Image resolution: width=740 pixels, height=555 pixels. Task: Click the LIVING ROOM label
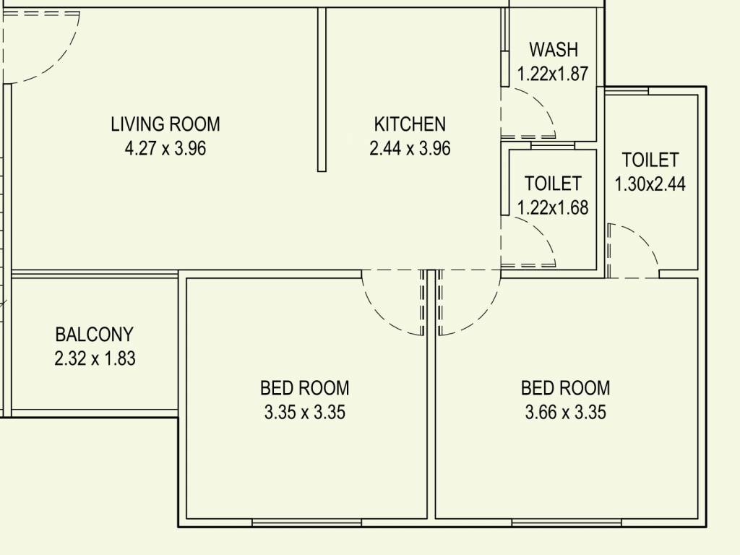(165, 124)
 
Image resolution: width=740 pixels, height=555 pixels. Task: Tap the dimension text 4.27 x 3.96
(165, 149)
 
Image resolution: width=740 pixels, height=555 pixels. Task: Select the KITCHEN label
(410, 124)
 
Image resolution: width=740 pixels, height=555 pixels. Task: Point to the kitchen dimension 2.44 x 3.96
(410, 149)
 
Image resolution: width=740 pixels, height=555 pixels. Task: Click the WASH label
(554, 50)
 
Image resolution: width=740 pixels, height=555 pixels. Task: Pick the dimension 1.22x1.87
(553, 74)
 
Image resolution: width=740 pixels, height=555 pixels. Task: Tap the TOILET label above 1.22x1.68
(553, 184)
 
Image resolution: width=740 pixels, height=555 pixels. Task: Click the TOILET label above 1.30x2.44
(650, 159)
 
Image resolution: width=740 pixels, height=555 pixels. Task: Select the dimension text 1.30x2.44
(650, 184)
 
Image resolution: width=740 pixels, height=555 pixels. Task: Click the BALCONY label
(94, 335)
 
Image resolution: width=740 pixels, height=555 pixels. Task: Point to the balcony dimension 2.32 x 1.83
(95, 358)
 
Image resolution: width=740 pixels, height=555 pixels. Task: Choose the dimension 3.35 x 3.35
(304, 413)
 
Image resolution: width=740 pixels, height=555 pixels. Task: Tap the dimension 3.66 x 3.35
(565, 413)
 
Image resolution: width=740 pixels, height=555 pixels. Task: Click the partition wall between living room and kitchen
(322, 90)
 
